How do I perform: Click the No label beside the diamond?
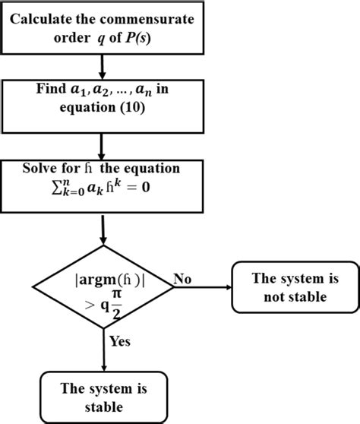[x=183, y=279]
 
